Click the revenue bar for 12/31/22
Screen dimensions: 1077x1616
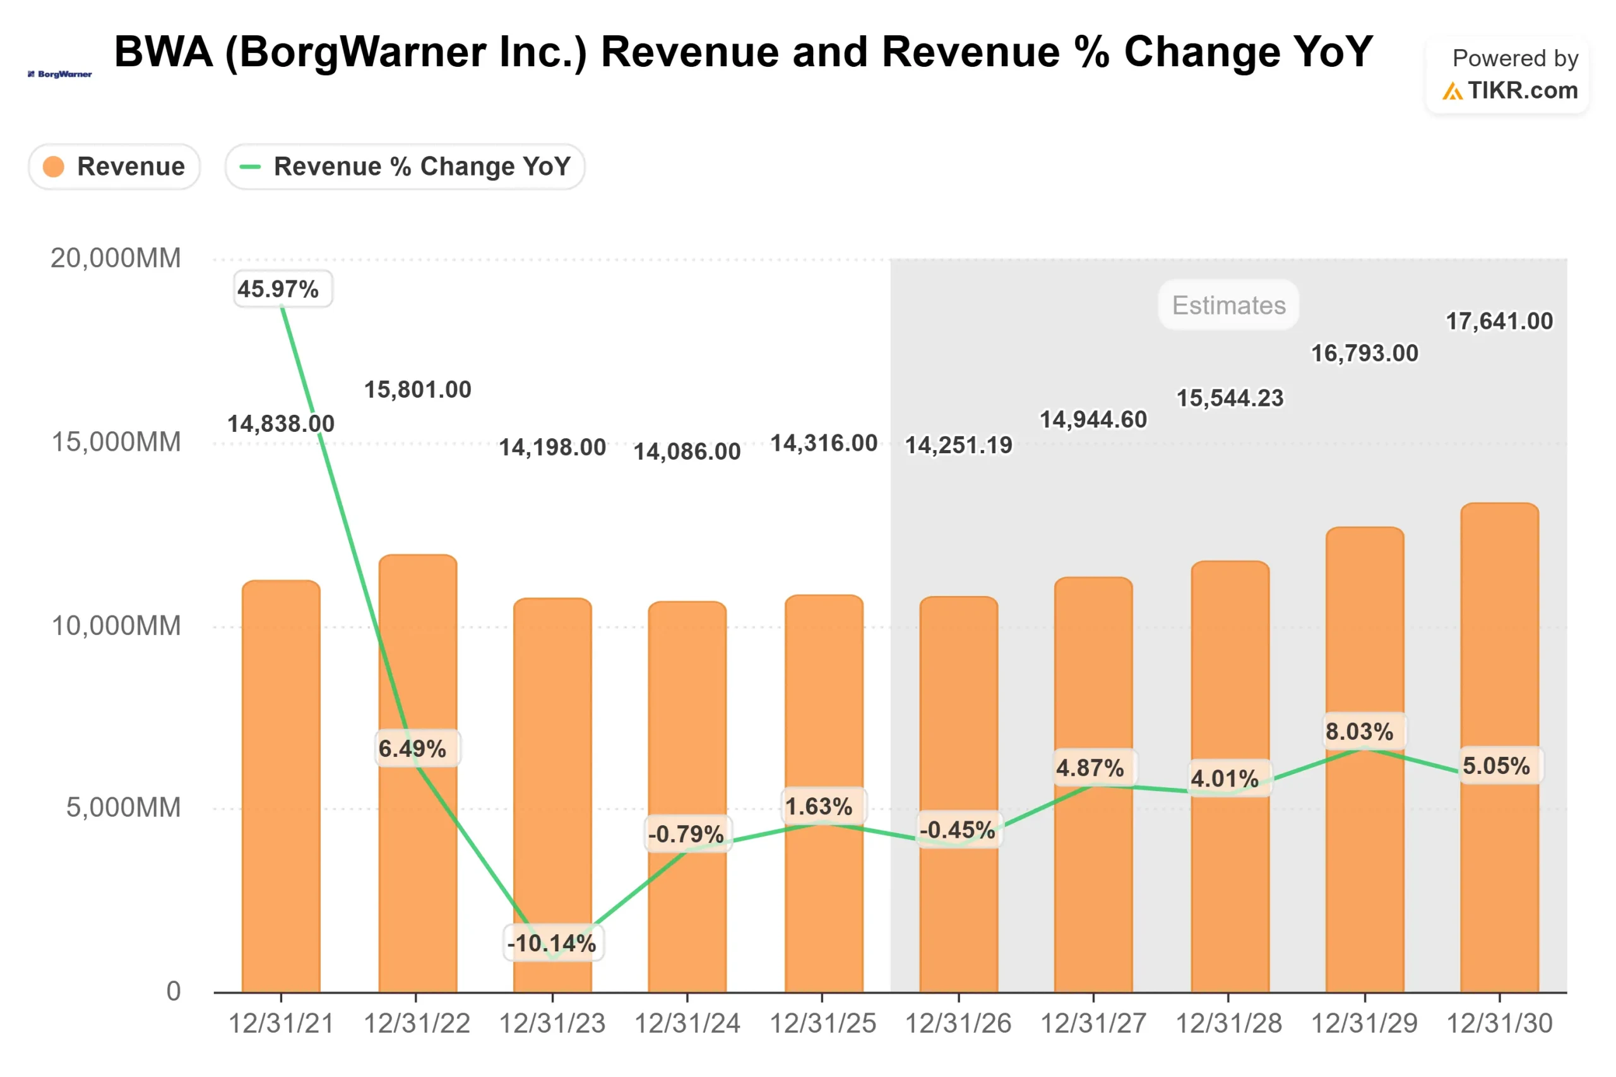tap(417, 859)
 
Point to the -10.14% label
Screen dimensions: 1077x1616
tap(552, 943)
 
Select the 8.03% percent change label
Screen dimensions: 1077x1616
tap(1359, 732)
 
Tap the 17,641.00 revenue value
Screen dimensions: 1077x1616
tap(1499, 321)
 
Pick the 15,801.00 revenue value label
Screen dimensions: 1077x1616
tap(417, 390)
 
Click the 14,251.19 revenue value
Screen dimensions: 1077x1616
tap(958, 446)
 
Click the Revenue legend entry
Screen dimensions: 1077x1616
tap(114, 167)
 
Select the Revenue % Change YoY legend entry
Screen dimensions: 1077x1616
tap(405, 167)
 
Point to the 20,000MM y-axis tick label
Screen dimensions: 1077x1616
tap(116, 258)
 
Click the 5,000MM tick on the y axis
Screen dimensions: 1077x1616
tap(123, 808)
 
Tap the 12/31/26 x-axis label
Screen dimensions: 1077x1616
tap(958, 1023)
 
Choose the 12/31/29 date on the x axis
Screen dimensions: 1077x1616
tap(1364, 1023)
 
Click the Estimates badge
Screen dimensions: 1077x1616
tap(1228, 305)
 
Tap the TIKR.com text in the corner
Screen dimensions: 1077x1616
tap(1522, 91)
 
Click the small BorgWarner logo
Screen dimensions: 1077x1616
tap(60, 74)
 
